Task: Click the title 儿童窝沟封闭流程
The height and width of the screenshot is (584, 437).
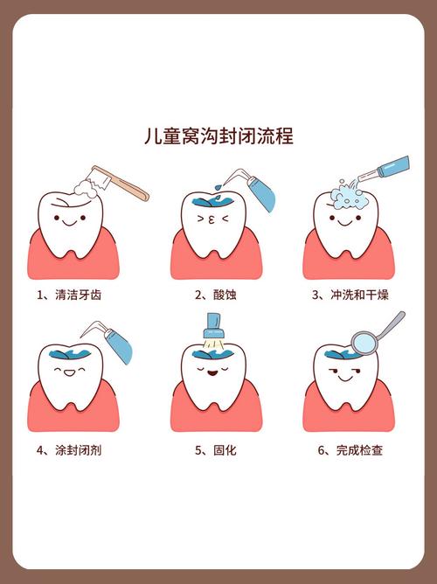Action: pyautogui.click(x=218, y=136)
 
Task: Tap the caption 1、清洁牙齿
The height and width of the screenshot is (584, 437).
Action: pyautogui.click(x=69, y=295)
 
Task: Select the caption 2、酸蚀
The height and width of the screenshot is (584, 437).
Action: pyautogui.click(x=215, y=295)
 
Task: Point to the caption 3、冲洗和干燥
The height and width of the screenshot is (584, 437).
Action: pyautogui.click(x=353, y=295)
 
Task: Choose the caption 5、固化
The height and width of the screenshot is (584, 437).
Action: pyautogui.click(x=215, y=450)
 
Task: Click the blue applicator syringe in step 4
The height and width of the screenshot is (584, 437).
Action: pyautogui.click(x=117, y=346)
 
